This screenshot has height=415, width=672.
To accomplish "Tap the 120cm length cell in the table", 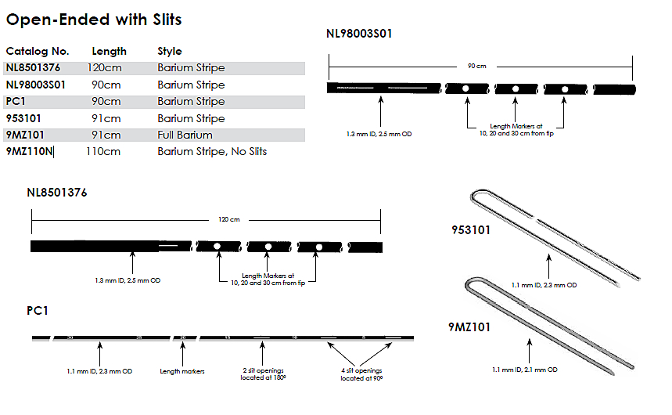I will [x=106, y=67].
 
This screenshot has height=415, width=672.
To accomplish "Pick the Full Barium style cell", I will [x=185, y=135].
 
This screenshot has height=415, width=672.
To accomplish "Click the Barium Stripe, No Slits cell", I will [x=212, y=151].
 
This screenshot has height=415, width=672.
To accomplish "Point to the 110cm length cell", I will [x=103, y=151].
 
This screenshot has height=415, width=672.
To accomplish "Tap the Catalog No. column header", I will [x=33, y=51].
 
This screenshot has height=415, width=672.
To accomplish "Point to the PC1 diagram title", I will [x=38, y=311].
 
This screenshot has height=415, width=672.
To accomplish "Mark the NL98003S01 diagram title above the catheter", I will [x=359, y=34].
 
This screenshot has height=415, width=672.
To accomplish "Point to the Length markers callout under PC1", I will [x=182, y=371].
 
